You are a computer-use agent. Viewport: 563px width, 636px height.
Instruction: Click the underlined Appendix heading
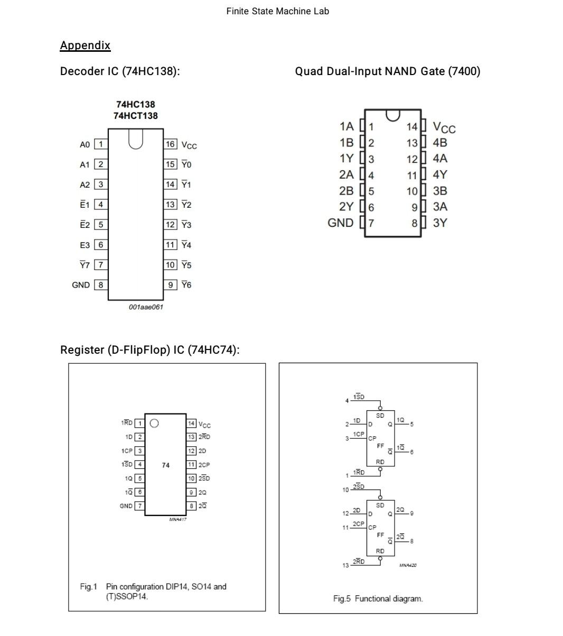pos(85,45)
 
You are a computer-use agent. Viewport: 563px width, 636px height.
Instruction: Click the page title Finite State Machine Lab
pos(277,11)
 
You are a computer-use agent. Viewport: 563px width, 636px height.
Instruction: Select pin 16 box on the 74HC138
pos(170,144)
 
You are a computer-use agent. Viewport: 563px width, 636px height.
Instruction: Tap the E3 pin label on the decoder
pos(85,245)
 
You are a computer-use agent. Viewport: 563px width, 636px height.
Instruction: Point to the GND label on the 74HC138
pos(81,285)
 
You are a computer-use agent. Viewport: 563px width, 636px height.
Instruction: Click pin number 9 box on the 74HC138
pos(170,285)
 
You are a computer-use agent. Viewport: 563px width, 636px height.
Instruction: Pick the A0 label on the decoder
pos(85,144)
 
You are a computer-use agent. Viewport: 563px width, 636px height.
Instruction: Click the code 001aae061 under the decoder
pos(146,307)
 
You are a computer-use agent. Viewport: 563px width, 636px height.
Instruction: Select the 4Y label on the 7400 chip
pos(440,174)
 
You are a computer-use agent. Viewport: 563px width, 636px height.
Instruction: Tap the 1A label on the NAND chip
pos(346,126)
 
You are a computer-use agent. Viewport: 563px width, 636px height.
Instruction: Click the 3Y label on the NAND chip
pos(440,223)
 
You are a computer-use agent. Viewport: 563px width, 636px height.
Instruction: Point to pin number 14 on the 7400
pos(412,127)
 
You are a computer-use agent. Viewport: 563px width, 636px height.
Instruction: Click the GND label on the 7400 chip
pos(341,223)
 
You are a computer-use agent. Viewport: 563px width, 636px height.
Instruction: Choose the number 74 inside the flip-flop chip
pos(166,465)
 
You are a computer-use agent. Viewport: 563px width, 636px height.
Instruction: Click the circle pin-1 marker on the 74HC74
pos(154,423)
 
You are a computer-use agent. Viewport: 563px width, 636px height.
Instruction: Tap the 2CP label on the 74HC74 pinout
pos(204,465)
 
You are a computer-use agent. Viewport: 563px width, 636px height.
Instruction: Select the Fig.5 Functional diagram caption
pos(378,598)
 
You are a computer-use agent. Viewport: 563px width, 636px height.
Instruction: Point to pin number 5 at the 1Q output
pos(412,425)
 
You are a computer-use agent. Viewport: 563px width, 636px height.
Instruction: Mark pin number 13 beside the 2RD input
pos(345,565)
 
